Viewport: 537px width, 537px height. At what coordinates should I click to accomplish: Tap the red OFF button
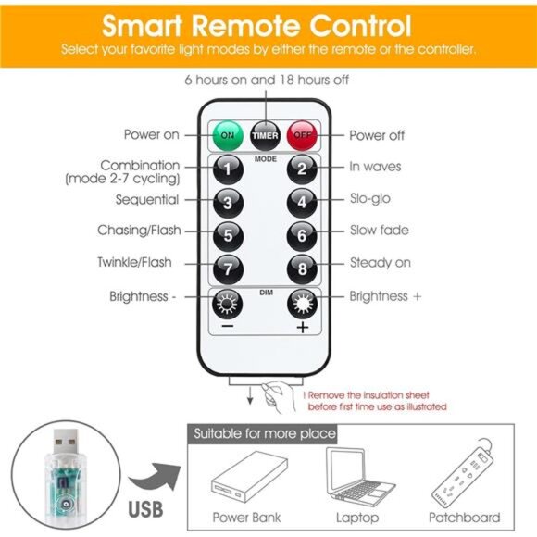pos(302,135)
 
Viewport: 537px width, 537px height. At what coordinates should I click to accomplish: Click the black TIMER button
pos(265,135)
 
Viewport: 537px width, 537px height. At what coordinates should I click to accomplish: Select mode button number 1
pos(228,169)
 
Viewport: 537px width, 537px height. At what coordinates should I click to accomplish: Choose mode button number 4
pos(302,203)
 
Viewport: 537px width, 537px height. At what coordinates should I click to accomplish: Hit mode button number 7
pos(228,269)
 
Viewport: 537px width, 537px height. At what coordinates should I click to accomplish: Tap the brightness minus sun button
pos(228,304)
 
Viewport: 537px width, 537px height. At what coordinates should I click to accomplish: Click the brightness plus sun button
pos(303,304)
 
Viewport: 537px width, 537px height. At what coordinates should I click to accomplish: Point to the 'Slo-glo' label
pos(369,199)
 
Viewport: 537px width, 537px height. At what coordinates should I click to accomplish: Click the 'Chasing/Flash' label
pos(139,231)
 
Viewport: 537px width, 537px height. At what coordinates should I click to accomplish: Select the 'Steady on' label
pos(381,263)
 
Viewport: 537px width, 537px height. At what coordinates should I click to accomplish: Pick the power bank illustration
pos(249,477)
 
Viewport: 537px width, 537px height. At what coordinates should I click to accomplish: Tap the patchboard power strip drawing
pos(463,472)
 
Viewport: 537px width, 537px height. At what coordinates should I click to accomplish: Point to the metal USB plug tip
pos(65,443)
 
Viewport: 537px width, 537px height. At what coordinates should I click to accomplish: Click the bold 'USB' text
pos(145,509)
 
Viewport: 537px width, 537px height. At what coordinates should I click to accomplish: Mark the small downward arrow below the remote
pos(250,395)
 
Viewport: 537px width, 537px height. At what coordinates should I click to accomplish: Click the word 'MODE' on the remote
pos(266,159)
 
